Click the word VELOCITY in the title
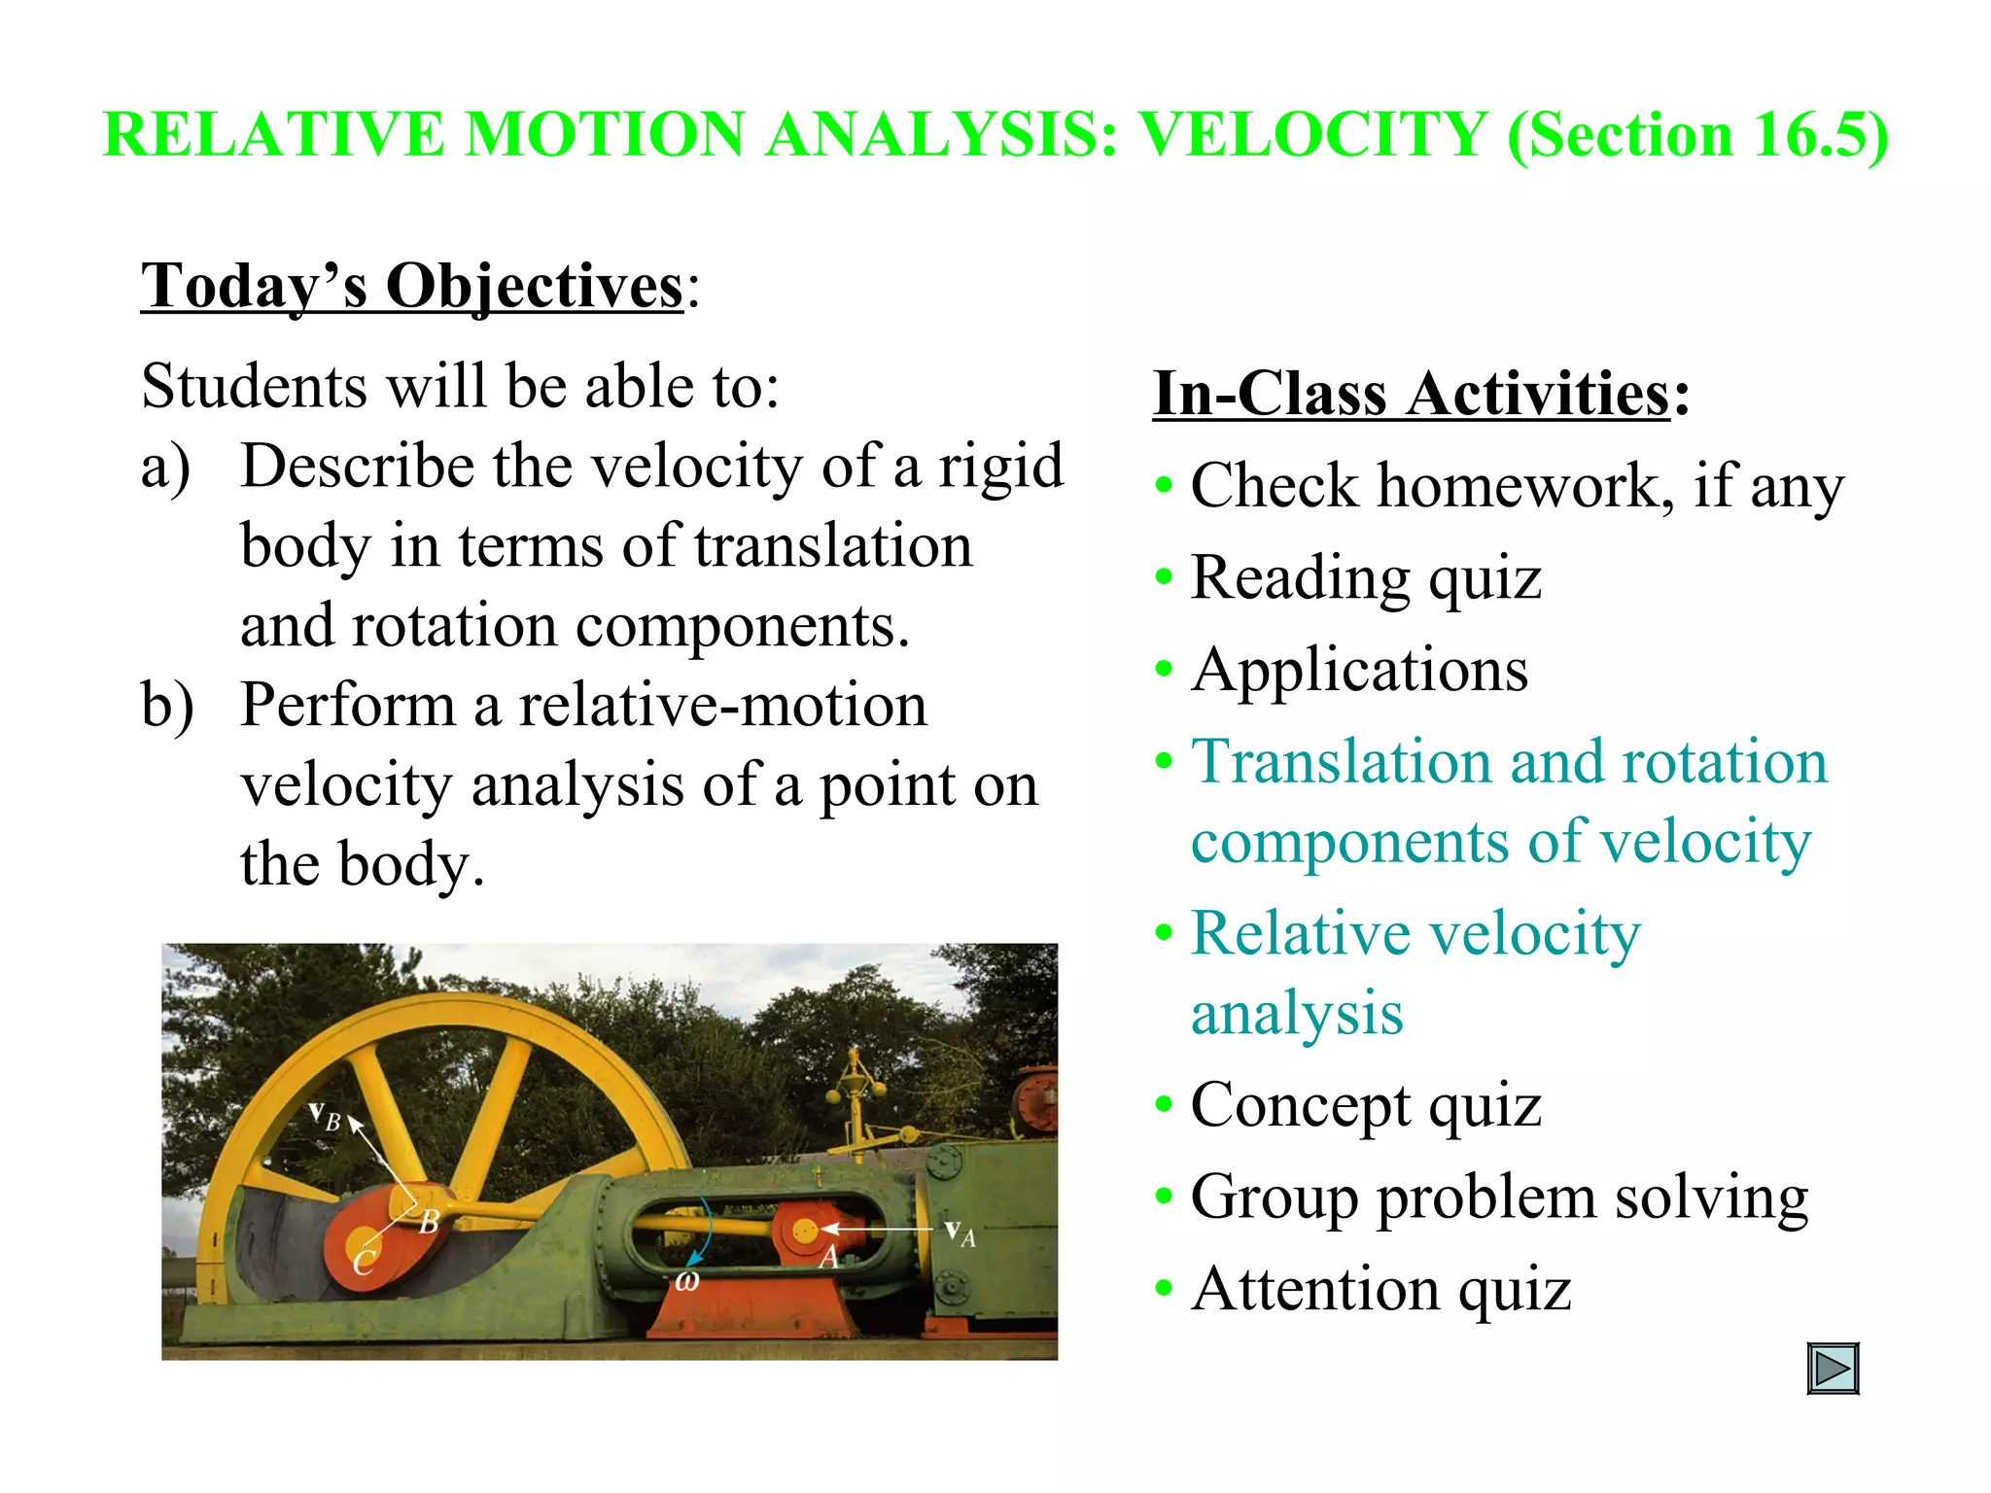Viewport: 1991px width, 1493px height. (x=1313, y=134)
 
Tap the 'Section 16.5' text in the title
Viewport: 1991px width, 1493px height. (x=1697, y=134)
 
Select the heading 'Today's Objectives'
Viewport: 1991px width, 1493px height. (x=413, y=287)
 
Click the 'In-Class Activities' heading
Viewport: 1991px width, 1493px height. (x=1412, y=394)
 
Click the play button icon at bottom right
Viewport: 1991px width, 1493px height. (x=1833, y=1369)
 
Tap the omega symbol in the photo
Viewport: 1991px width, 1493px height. (x=687, y=1282)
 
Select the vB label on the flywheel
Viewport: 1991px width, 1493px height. (x=325, y=1117)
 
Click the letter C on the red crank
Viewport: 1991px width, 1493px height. (x=364, y=1263)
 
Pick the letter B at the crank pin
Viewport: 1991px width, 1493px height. (x=429, y=1222)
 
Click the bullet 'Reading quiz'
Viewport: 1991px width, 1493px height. (x=1366, y=578)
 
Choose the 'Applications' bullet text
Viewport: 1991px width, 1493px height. (x=1359, y=671)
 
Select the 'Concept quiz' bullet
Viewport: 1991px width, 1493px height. (x=1366, y=1106)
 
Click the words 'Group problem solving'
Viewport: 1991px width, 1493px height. (x=1498, y=1198)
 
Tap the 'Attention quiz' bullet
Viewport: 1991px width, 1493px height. (x=1380, y=1290)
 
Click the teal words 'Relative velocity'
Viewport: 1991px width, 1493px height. (x=1415, y=934)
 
